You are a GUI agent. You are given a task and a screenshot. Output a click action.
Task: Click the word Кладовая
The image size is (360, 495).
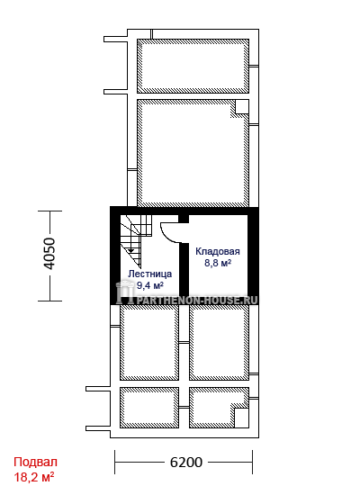pyautogui.click(x=218, y=252)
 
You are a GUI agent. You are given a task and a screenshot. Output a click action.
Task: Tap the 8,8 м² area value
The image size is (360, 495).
pyautogui.click(x=218, y=262)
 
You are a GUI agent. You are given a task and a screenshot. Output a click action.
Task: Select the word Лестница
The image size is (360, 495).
pyautogui.click(x=149, y=274)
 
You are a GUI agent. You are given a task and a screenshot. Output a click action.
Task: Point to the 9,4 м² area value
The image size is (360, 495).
pyautogui.click(x=149, y=285)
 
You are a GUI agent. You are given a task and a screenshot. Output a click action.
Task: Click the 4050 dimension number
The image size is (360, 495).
pyautogui.click(x=49, y=254)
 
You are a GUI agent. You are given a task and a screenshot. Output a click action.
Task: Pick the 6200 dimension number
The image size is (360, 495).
pyautogui.click(x=186, y=463)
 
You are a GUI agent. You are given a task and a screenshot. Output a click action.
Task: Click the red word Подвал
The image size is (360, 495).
pyautogui.click(x=35, y=462)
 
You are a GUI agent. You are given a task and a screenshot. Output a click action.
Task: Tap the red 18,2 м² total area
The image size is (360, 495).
pyautogui.click(x=34, y=476)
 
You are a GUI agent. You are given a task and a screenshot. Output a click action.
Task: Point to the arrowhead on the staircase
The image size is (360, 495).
pyautogui.click(x=130, y=250)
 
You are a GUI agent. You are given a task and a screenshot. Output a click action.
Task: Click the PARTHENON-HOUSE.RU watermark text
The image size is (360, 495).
pyautogui.click(x=197, y=300)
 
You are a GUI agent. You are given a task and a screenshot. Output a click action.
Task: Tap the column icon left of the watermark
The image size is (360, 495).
pyautogui.click(x=124, y=292)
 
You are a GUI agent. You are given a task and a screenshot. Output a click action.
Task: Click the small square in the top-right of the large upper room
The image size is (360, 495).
pyautogui.click(x=242, y=107)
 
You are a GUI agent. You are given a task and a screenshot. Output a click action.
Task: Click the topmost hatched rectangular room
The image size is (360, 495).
pyautogui.click(x=193, y=66)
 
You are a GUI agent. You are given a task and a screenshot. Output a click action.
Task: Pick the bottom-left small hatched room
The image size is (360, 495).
pyautogui.click(x=149, y=408)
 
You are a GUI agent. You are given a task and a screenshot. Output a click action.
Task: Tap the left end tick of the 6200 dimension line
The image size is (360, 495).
pyautogui.click(x=115, y=463)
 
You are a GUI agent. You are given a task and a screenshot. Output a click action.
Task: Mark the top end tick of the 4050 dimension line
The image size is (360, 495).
pyautogui.click(x=49, y=211)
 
